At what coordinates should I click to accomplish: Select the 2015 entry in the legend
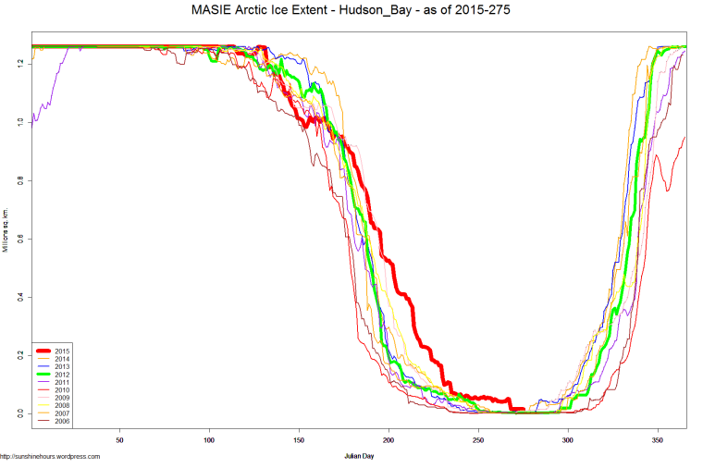point(62,351)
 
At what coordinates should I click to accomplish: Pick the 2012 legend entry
point(62,375)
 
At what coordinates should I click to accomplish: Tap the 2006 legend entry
point(62,421)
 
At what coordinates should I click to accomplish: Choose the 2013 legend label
point(62,367)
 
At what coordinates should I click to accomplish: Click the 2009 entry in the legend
point(62,398)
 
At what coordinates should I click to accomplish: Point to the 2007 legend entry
point(62,413)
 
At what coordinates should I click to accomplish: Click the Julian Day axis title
point(359,456)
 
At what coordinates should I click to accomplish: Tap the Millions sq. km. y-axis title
point(6,227)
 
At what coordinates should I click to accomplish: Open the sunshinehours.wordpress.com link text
point(50,456)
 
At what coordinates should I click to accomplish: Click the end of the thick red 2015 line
point(524,409)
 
